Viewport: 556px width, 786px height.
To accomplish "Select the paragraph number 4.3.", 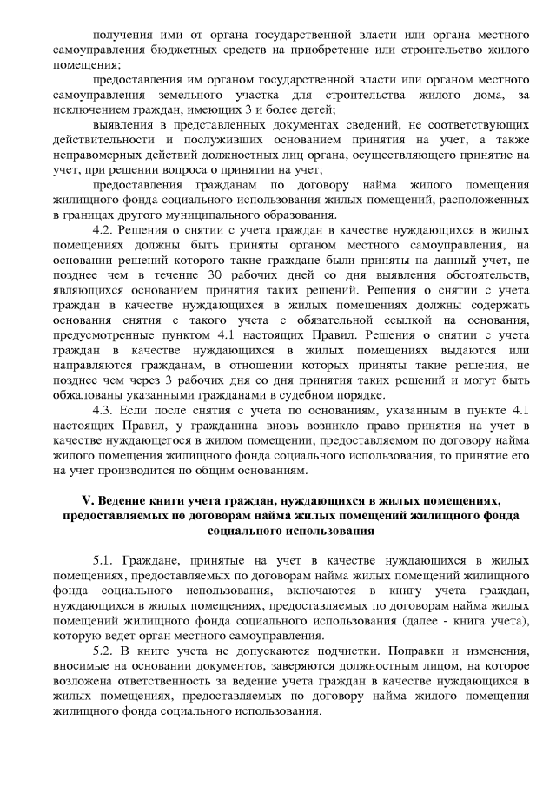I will (x=103, y=409).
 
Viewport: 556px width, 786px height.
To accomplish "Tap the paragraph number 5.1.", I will (x=103, y=561).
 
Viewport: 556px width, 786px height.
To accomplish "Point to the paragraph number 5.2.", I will (x=103, y=651).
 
